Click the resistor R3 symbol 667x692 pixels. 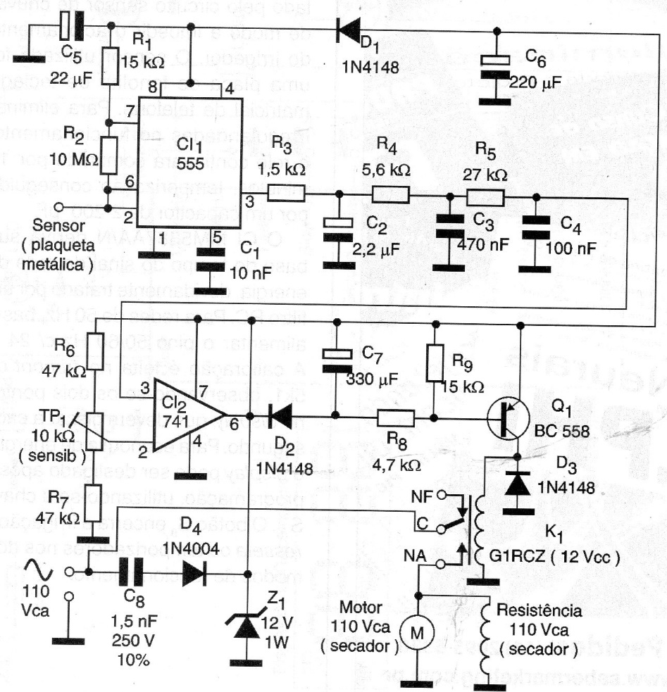point(289,192)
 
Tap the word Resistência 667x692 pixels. point(540,610)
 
